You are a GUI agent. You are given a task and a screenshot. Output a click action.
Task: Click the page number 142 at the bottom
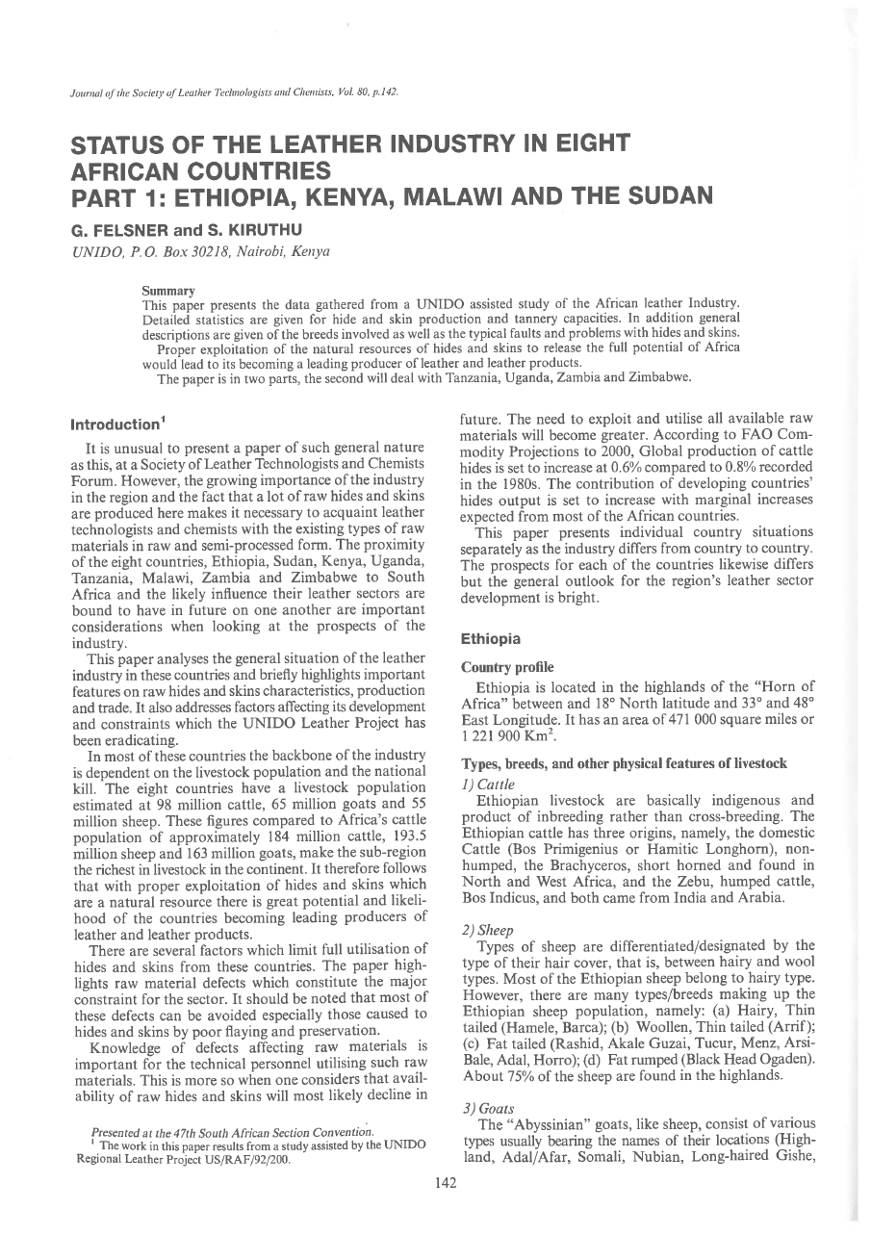445,1183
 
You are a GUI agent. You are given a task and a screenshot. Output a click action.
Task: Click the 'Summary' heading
168,290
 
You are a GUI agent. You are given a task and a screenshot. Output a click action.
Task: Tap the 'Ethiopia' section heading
491,638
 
